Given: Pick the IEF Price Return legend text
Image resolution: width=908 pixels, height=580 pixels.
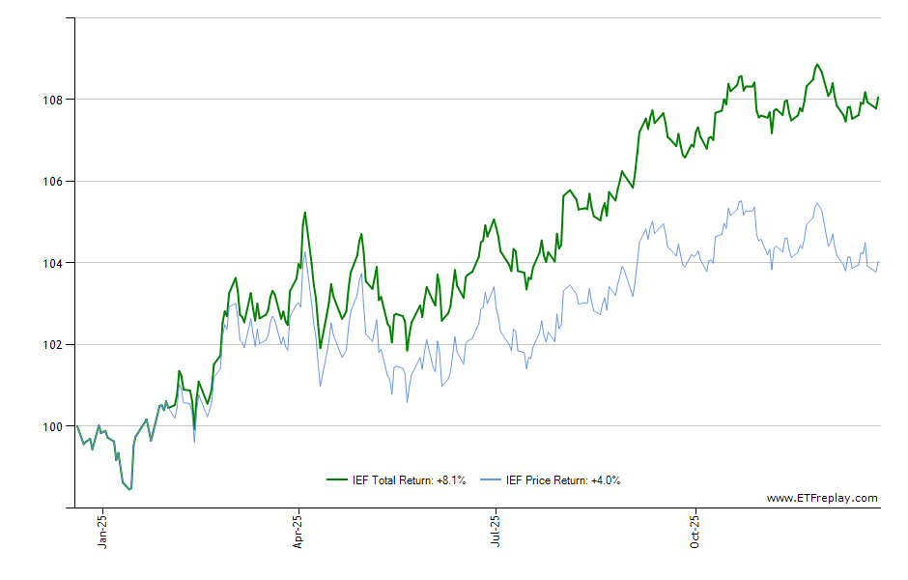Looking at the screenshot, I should coord(563,479).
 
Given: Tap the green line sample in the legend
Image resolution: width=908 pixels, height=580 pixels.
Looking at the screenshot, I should coord(338,479).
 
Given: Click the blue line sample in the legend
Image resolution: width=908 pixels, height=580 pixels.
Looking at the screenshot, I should coord(491,479).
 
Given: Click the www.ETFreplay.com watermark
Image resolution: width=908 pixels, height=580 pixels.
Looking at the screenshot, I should coord(822,499).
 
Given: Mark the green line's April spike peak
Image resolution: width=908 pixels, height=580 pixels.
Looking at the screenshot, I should coord(304,213).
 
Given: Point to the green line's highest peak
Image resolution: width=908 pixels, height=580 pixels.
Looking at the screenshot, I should coord(817,65).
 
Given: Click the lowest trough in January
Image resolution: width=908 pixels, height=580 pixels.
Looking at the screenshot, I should coord(129,489).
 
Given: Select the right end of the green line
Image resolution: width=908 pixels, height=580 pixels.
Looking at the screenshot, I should coord(878,97).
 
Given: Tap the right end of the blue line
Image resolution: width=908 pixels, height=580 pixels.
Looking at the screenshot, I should coord(878,263).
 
